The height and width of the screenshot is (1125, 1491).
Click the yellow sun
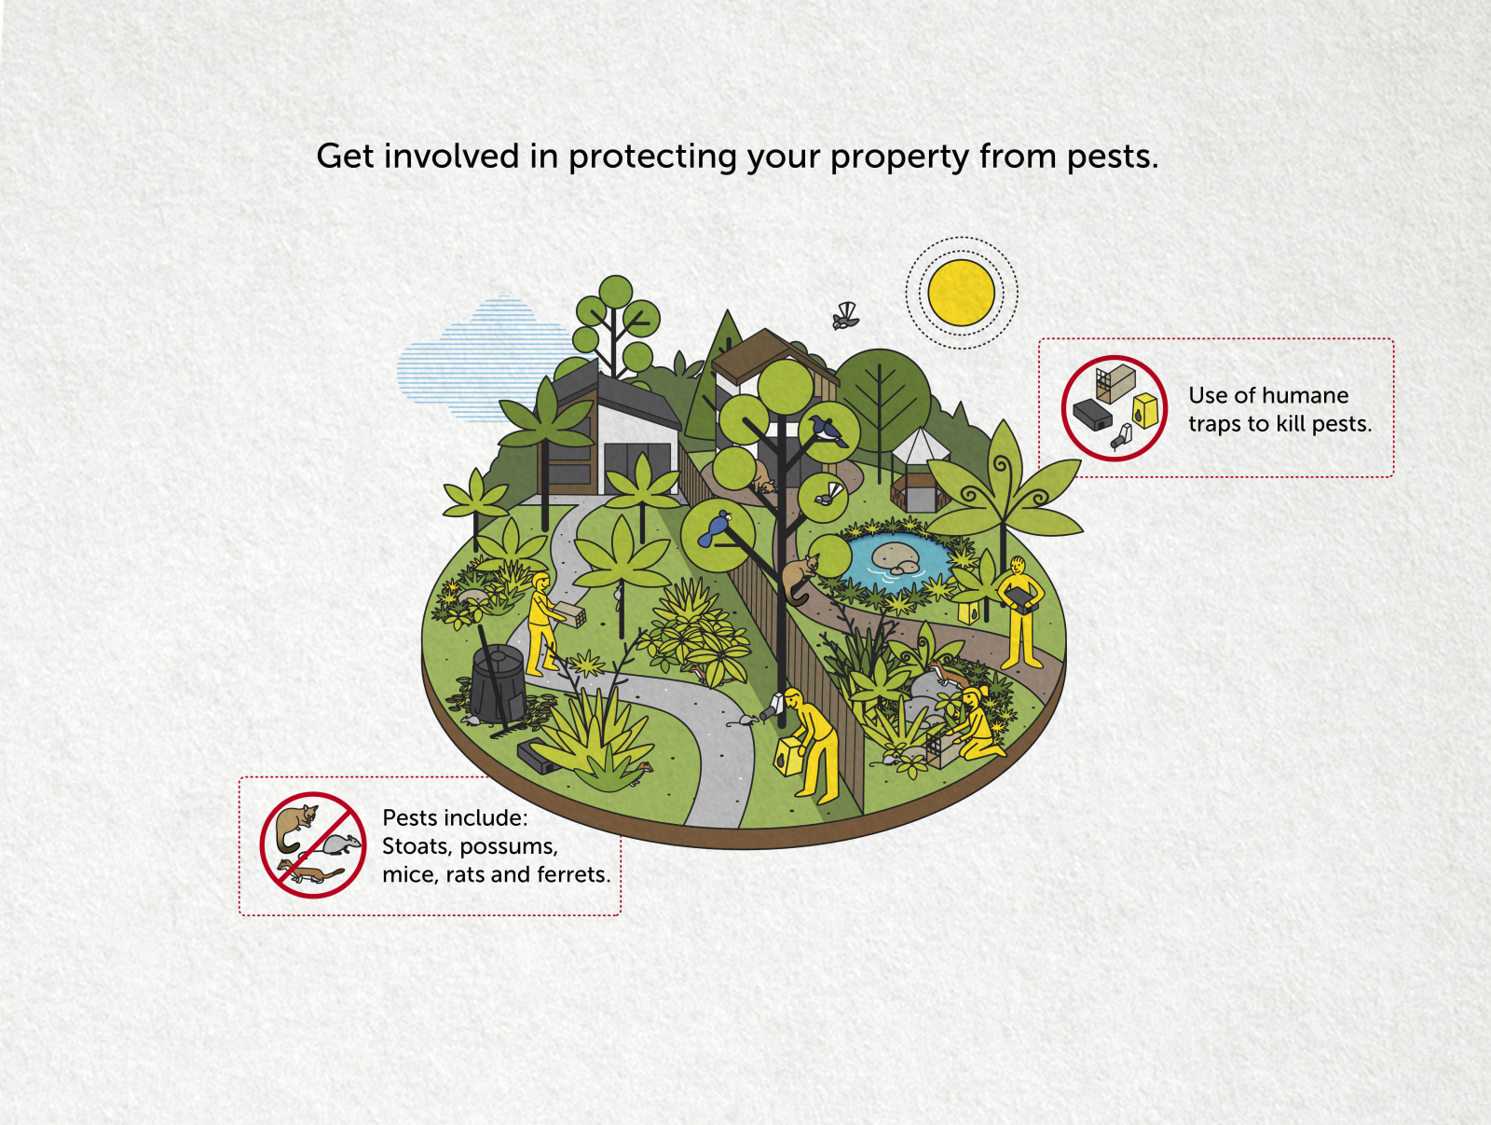click(961, 293)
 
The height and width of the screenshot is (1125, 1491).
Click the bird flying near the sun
click(845, 316)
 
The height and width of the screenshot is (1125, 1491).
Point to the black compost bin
click(499, 684)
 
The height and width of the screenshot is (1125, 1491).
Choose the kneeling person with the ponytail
click(978, 723)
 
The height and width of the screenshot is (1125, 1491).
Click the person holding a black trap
click(1019, 611)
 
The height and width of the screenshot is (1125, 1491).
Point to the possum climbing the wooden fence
click(799, 577)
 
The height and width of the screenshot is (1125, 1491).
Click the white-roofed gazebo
click(920, 469)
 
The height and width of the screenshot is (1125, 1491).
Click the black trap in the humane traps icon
click(1092, 415)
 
